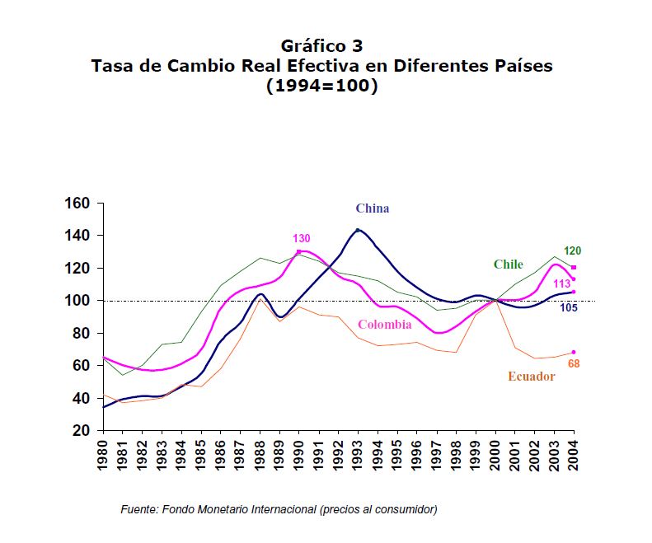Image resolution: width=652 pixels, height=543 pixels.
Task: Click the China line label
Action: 372,208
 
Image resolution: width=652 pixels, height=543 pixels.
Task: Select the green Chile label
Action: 508,264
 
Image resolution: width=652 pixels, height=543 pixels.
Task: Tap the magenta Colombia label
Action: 384,325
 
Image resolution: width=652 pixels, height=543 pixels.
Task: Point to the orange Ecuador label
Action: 531,377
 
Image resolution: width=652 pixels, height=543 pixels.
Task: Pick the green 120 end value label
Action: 573,250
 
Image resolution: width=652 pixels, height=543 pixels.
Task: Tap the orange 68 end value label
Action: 575,363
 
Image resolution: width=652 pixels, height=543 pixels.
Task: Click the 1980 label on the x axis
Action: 104,453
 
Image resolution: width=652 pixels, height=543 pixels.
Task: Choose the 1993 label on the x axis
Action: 358,453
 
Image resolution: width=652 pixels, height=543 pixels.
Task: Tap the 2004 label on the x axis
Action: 574,453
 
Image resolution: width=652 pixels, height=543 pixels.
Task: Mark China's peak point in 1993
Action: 357,230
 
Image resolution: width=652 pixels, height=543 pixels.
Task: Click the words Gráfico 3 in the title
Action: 321,45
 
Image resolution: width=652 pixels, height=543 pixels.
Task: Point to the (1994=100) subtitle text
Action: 321,85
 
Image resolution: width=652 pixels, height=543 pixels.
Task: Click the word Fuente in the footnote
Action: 138,509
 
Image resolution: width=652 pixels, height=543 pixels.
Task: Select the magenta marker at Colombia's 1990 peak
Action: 299,251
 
